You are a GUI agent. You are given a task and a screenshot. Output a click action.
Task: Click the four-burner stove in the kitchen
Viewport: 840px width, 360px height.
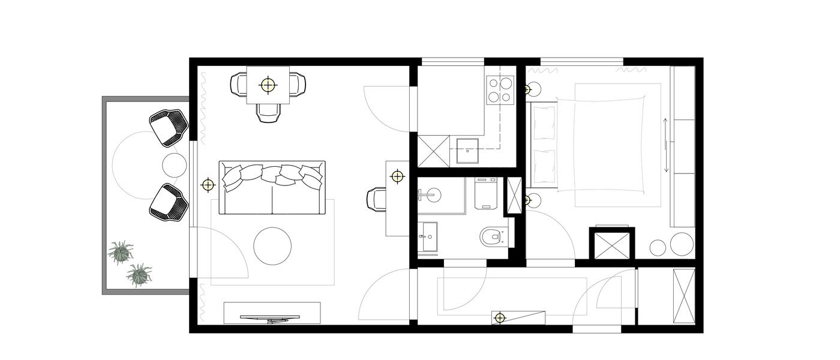click(500, 89)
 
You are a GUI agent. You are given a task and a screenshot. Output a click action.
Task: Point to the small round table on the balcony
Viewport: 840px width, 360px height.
click(175, 165)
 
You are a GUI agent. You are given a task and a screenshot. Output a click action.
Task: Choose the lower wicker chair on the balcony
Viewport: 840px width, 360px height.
click(168, 202)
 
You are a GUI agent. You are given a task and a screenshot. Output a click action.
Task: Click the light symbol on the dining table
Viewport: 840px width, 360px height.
click(268, 85)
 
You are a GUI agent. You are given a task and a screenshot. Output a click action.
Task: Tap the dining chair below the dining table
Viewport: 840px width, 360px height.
click(268, 112)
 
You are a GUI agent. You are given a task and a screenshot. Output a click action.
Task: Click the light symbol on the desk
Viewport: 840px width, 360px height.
click(396, 176)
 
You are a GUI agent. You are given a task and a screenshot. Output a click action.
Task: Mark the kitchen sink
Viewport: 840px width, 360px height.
click(467, 151)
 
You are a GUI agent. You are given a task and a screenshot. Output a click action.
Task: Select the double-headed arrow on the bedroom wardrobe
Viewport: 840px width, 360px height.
click(666, 146)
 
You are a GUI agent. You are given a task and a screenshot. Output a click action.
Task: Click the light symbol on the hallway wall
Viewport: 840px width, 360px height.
click(499, 317)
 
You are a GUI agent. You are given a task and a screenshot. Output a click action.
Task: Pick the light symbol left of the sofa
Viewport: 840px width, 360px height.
click(208, 184)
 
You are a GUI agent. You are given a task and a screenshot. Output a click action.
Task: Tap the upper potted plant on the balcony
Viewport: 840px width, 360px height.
click(121, 252)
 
